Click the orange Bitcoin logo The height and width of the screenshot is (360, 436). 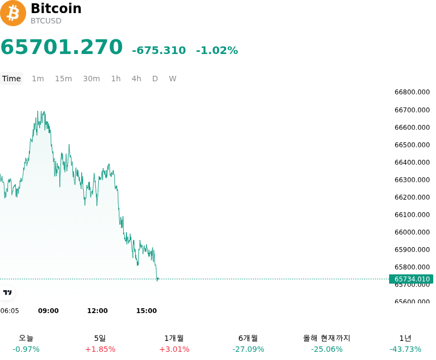[13, 13]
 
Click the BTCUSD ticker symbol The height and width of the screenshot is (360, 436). [46, 21]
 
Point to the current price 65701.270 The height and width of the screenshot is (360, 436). [62, 47]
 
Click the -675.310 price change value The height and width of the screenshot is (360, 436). [159, 50]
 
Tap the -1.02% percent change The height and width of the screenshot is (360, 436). [217, 50]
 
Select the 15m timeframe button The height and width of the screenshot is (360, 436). [63, 79]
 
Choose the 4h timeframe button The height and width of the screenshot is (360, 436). [136, 79]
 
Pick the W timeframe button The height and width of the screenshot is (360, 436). [173, 79]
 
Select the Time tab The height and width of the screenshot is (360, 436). [11, 79]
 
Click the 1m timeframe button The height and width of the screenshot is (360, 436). [38, 79]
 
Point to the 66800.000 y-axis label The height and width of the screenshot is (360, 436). [412, 92]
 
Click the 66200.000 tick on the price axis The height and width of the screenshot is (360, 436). [412, 197]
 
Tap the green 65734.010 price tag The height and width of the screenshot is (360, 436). [411, 279]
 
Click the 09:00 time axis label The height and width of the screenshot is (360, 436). [49, 311]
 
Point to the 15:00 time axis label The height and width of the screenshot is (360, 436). [147, 311]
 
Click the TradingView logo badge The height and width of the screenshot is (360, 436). [7, 292]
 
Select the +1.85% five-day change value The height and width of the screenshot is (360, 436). [100, 349]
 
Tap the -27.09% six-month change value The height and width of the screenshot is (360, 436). [248, 349]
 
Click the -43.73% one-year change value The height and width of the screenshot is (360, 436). [405, 349]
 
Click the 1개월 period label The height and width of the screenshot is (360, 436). [174, 338]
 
